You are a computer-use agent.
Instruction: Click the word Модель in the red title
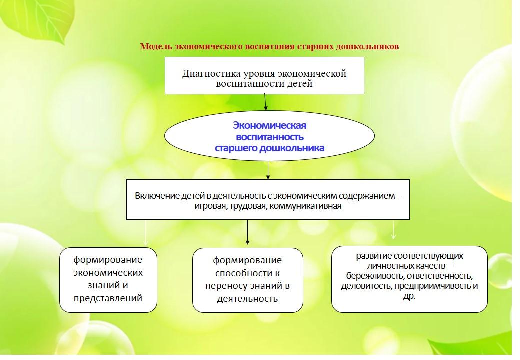pyautogui.click(x=156, y=46)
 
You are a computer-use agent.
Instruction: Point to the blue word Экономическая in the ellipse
pyautogui.click(x=269, y=125)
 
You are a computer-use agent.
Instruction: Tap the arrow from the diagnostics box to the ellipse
pyautogui.click(x=265, y=102)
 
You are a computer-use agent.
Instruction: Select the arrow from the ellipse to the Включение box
pyautogui.click(x=268, y=170)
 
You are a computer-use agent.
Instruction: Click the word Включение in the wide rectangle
pyautogui.click(x=157, y=196)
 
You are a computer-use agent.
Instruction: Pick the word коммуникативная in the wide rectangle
pyautogui.click(x=305, y=206)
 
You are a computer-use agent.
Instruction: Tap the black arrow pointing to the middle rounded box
pyautogui.click(x=247, y=232)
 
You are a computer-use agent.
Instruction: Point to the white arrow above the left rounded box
pyautogui.click(x=145, y=233)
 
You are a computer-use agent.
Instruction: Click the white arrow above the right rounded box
pyautogui.click(x=393, y=230)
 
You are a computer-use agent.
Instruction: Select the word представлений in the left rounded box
pyautogui.click(x=108, y=298)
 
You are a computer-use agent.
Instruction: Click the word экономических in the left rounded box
pyautogui.click(x=108, y=273)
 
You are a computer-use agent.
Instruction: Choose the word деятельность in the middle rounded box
pyautogui.click(x=247, y=299)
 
